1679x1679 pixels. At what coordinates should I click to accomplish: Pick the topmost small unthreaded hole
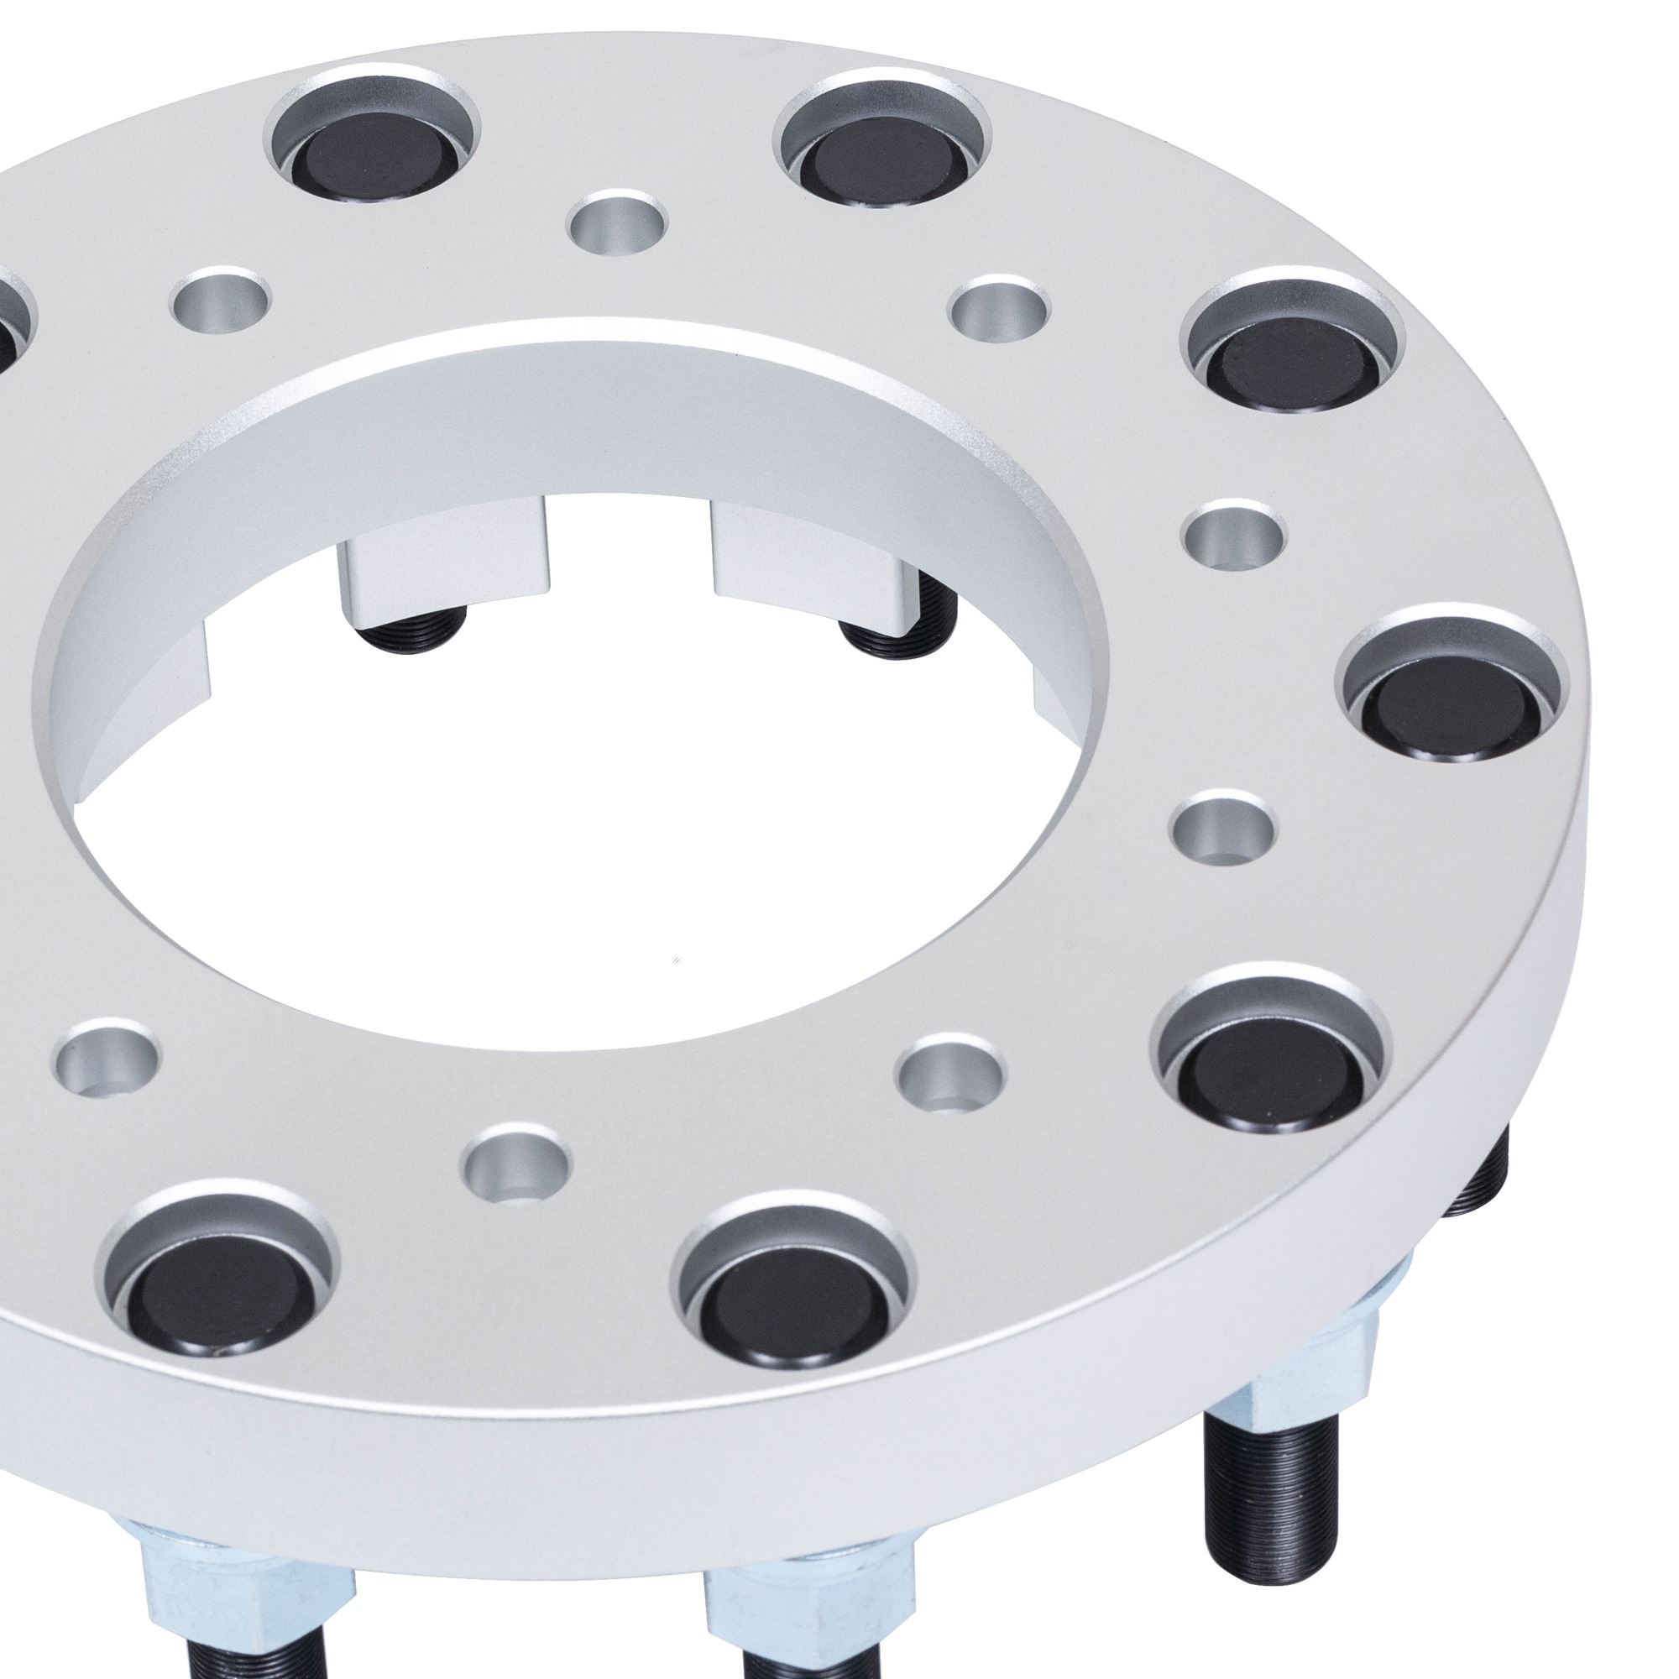point(617,222)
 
